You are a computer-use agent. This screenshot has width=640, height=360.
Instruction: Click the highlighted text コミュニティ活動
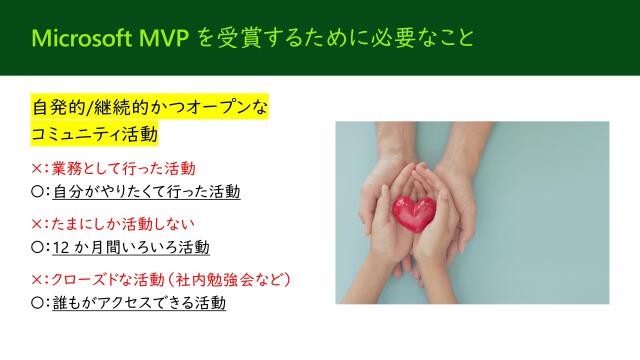pyautogui.click(x=96, y=132)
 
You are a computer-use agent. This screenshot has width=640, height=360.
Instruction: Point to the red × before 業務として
pyautogui.click(x=38, y=167)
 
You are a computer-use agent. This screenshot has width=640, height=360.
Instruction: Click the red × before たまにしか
pyautogui.click(x=38, y=222)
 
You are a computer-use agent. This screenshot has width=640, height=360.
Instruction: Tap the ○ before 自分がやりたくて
pyautogui.click(x=38, y=190)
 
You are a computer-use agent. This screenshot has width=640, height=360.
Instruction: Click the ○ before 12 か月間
pyautogui.click(x=38, y=246)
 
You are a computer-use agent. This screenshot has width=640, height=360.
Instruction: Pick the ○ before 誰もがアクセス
pyautogui.click(x=38, y=301)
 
